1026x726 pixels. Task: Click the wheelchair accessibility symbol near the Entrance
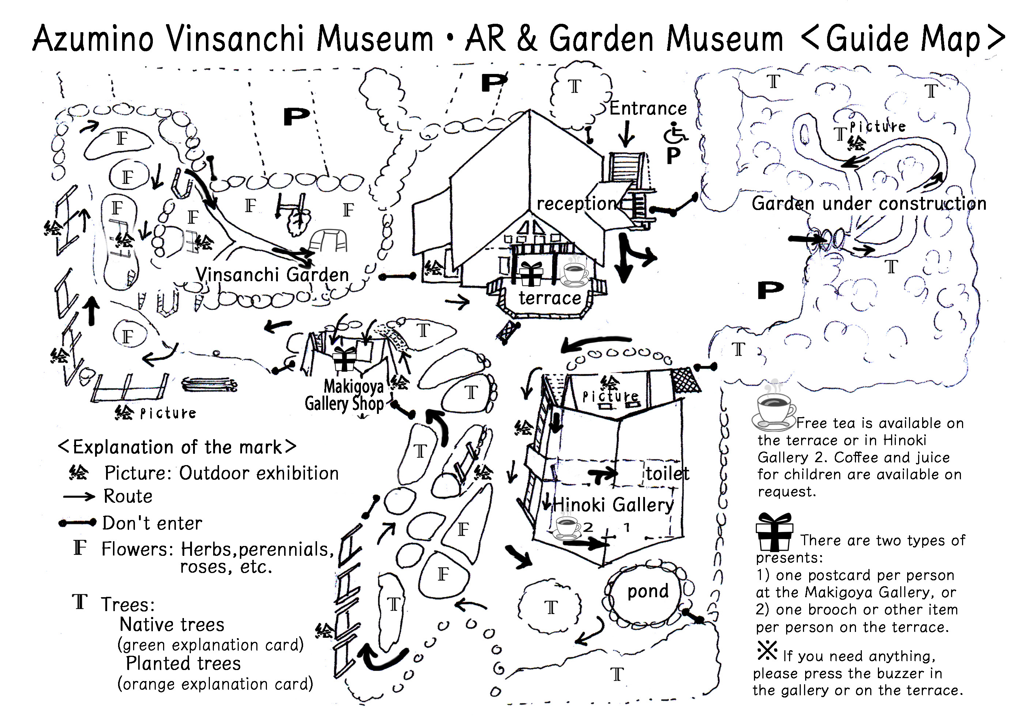pos(675,133)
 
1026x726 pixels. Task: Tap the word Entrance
pos(648,109)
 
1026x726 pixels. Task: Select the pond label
pos(648,591)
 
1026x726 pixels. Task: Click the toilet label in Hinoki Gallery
pos(668,473)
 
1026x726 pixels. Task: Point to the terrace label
pos(550,298)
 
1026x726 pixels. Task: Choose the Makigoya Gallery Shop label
pos(344,395)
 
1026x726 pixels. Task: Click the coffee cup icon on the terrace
pos(576,272)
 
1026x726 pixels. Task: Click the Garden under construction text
pos(869,203)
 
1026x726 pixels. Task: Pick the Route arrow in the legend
pos(79,497)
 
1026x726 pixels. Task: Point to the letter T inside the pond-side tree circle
pos(551,607)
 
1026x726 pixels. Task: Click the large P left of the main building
pos(296,117)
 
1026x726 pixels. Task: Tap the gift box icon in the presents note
pos(774,532)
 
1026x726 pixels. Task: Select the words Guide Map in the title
pos(903,39)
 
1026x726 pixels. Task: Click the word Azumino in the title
pos(93,38)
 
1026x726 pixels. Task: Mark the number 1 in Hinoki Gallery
pos(627,528)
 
